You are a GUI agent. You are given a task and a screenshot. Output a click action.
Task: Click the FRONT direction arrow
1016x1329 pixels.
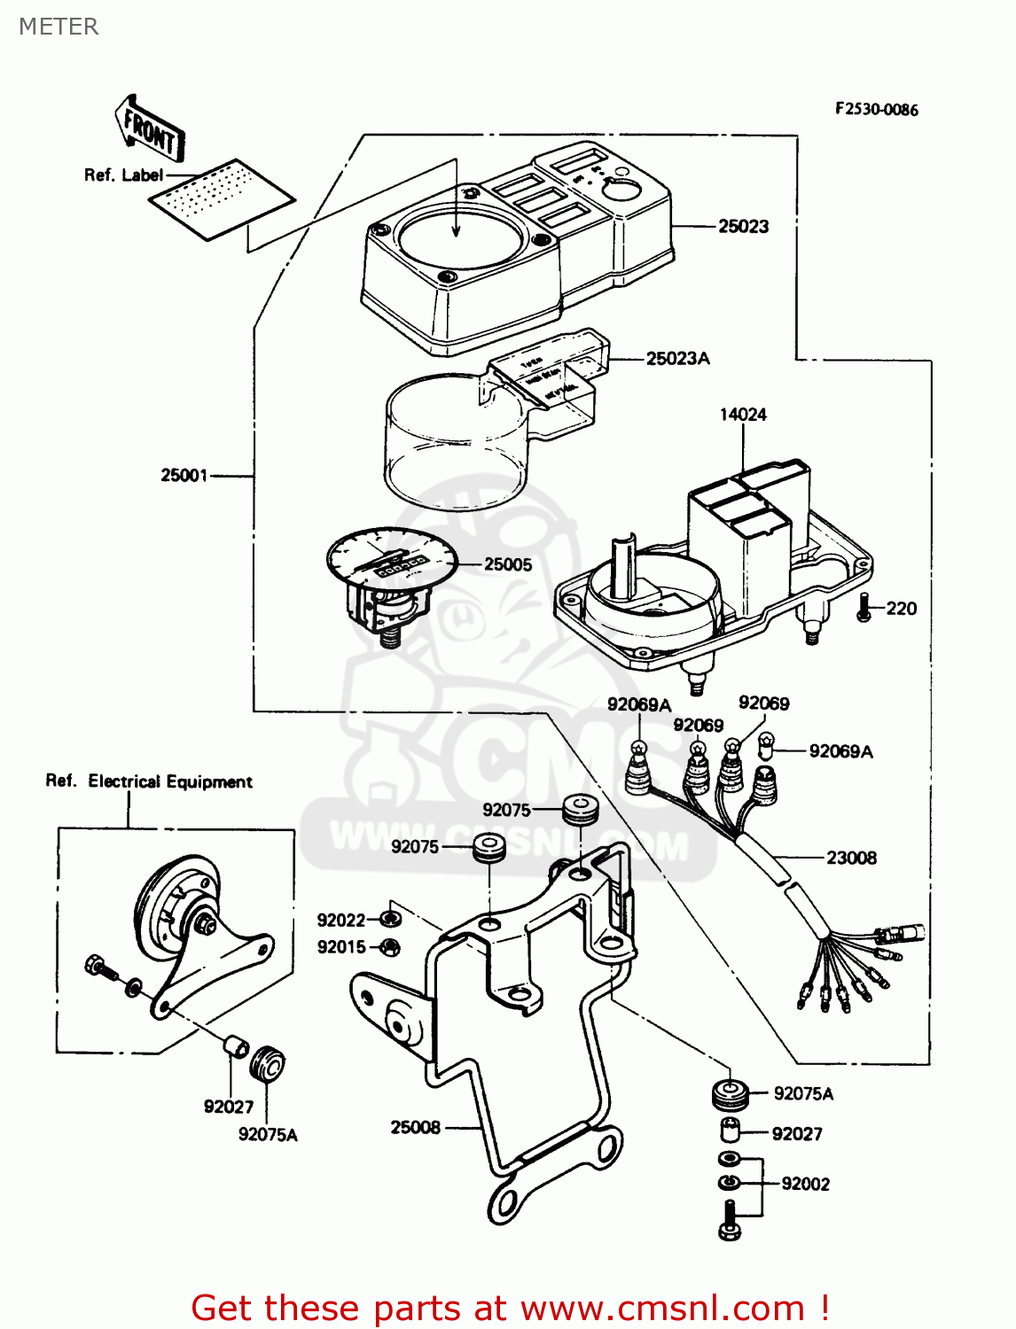149,130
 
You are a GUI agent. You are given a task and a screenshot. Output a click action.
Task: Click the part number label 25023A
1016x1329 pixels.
677,359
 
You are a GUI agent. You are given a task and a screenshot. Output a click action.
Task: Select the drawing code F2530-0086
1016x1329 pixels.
876,110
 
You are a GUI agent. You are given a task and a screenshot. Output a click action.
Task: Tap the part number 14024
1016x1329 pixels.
742,415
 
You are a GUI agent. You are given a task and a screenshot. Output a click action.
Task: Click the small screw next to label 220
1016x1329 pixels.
864,608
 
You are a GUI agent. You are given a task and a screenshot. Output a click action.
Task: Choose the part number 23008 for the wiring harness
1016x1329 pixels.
850,858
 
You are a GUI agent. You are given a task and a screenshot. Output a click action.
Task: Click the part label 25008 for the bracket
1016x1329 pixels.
415,1127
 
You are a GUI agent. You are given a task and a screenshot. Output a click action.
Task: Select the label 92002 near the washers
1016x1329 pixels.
805,1184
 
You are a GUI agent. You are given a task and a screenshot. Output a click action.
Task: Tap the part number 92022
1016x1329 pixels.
341,920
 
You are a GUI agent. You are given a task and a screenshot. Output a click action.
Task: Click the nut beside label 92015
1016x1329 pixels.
388,947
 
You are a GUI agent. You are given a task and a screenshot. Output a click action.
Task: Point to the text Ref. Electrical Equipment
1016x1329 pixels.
149,781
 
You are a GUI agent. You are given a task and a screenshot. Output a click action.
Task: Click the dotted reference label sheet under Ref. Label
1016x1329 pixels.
221,198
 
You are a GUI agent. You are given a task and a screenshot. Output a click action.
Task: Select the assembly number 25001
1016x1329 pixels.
184,476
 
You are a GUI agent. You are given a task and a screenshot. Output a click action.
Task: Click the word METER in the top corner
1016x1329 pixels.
59,27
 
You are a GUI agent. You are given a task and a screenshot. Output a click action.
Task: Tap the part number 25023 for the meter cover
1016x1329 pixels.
743,227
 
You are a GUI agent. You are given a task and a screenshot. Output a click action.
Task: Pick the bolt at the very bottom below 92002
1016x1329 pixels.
729,1221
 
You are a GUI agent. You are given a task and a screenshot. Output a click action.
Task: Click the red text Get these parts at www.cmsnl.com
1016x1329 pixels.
510,1308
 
